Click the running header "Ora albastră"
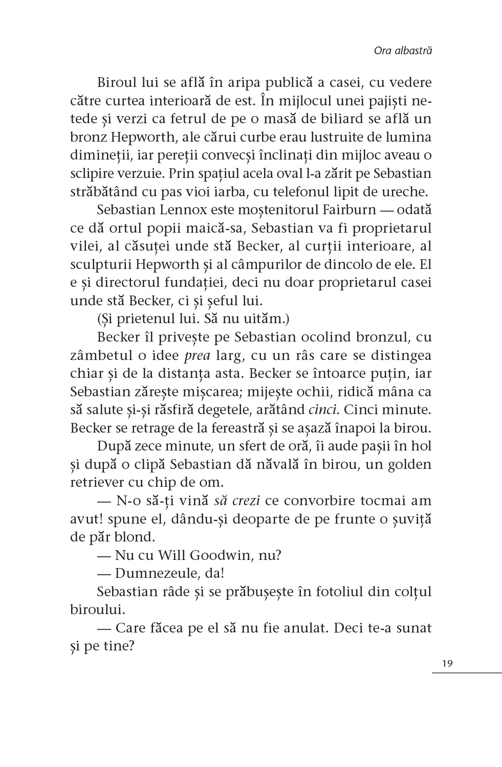coord(403,51)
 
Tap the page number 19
coord(447,664)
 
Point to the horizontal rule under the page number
coord(466,672)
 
